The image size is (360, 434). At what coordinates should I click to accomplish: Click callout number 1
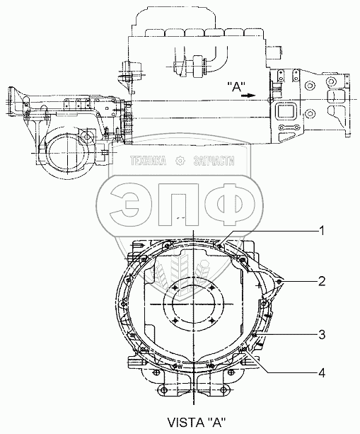tap(321, 231)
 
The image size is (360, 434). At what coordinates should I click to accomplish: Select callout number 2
tap(322, 282)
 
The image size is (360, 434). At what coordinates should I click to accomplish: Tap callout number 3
tap(322, 335)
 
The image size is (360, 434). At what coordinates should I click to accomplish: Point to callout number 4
tap(322, 373)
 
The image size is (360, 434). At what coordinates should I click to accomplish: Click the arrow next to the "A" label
tap(248, 96)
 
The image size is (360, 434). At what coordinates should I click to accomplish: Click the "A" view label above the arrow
tap(236, 87)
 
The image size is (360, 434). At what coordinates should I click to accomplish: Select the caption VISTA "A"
tap(197, 422)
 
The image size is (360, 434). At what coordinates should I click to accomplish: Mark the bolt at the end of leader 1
tap(219, 245)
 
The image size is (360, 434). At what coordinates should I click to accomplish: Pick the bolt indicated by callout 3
tap(255, 335)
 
